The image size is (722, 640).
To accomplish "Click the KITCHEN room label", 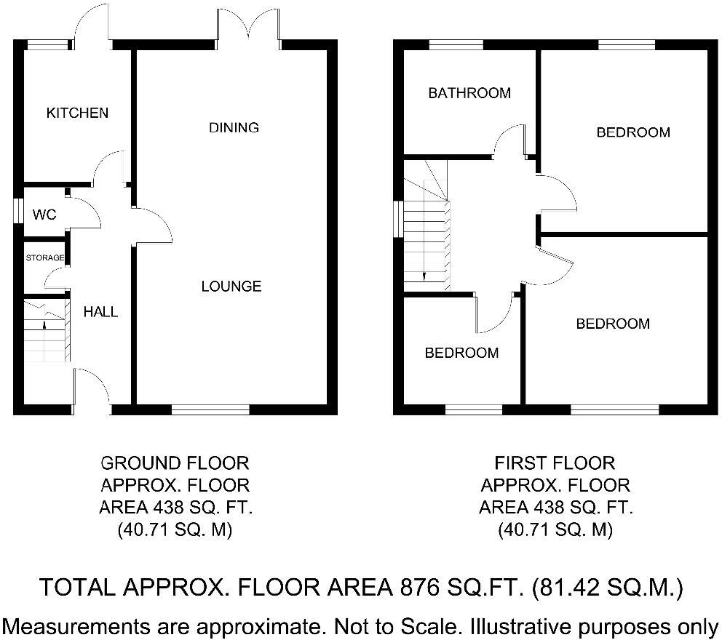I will tap(77, 113).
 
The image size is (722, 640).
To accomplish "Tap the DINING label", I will tap(234, 128).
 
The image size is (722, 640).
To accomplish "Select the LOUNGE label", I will tap(231, 287).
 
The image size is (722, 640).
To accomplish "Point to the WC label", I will tap(44, 215).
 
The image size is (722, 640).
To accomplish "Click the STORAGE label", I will tap(45, 258).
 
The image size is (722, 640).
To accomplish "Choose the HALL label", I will tap(100, 312).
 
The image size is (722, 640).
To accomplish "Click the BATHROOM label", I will tap(469, 93).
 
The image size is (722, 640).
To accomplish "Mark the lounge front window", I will tap(210, 410).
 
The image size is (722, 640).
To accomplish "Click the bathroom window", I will tap(456, 44).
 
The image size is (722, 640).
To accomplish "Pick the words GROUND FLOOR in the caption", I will tap(174, 463).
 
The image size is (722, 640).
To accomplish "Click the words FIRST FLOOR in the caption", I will tap(555, 463).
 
